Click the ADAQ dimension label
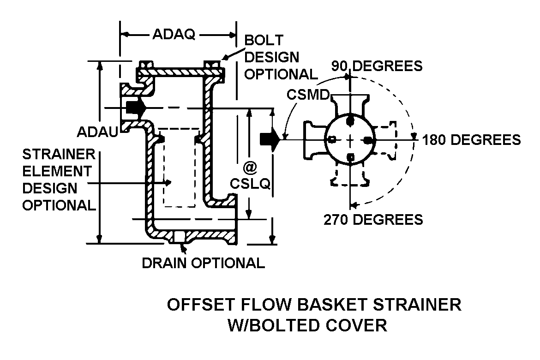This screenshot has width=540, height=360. tap(174, 35)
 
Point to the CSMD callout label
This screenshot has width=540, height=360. tap(308, 94)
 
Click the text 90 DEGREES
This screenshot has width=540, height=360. tap(377, 66)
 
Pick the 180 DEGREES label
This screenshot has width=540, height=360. tap(471, 139)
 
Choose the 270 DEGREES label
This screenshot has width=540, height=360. tap(373, 219)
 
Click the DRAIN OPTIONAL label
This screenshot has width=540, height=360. tap(203, 263)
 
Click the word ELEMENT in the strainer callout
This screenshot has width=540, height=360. tap(57, 171)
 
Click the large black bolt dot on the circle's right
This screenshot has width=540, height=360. tap(368, 139)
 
